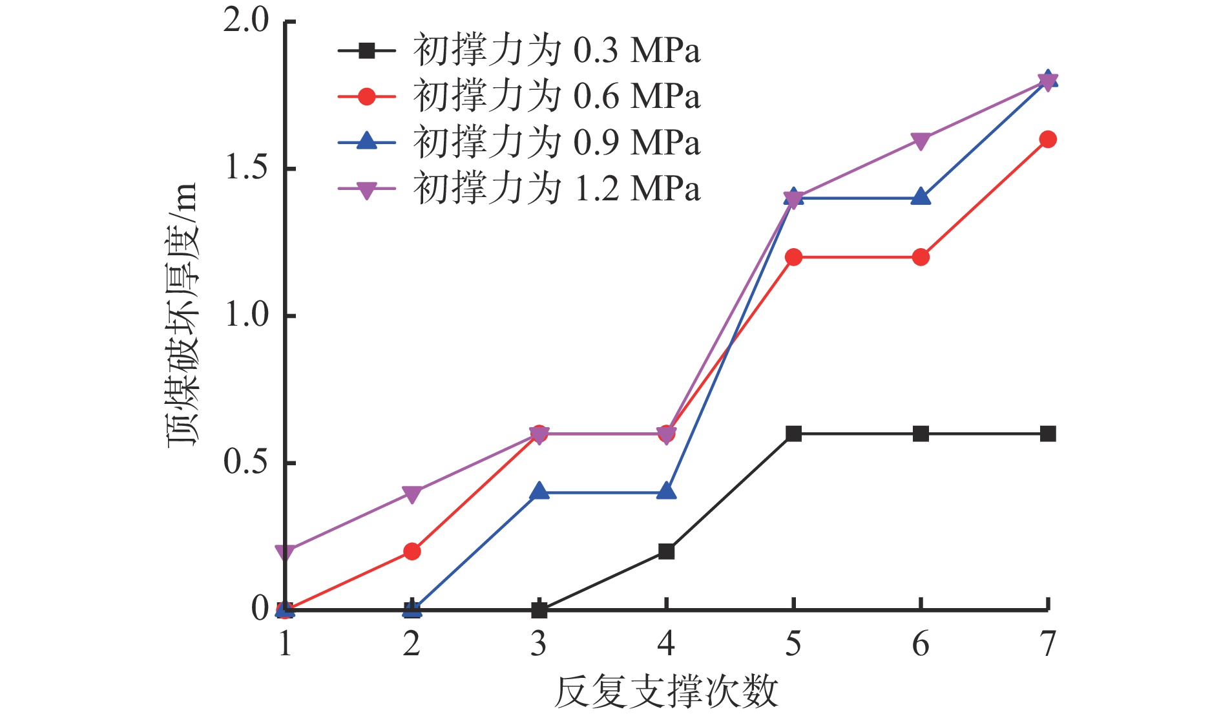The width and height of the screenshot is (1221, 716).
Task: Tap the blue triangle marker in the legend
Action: pyautogui.click(x=367, y=142)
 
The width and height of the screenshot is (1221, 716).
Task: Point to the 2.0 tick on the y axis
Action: pyautogui.click(x=246, y=21)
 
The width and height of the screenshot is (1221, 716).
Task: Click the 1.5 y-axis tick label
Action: pyautogui.click(x=246, y=168)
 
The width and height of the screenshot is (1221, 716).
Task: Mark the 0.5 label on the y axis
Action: pyautogui.click(x=246, y=462)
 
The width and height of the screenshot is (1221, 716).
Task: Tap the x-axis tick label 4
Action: pyautogui.click(x=666, y=644)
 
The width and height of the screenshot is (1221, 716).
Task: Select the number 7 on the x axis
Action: pyautogui.click(x=1047, y=644)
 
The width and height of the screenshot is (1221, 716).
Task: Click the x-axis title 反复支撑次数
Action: pyautogui.click(x=666, y=692)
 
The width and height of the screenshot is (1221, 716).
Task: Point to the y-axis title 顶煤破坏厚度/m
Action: pyautogui.click(x=182, y=315)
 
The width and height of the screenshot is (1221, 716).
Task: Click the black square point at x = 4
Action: pyautogui.click(x=666, y=551)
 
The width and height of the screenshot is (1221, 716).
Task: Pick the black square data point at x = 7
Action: pyautogui.click(x=1047, y=434)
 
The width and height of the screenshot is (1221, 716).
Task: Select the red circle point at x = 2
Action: pyautogui.click(x=412, y=551)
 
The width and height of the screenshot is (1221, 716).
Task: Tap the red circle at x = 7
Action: pyautogui.click(x=1047, y=140)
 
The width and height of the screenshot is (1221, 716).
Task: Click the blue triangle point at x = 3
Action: pyautogui.click(x=539, y=492)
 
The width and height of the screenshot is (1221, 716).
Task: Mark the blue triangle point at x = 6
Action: pyautogui.click(x=921, y=196)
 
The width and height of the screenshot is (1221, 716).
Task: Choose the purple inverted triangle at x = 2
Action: pyautogui.click(x=412, y=494)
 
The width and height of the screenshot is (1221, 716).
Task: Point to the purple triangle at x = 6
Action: pyautogui.click(x=921, y=141)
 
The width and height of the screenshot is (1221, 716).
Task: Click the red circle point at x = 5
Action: pyautogui.click(x=793, y=257)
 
